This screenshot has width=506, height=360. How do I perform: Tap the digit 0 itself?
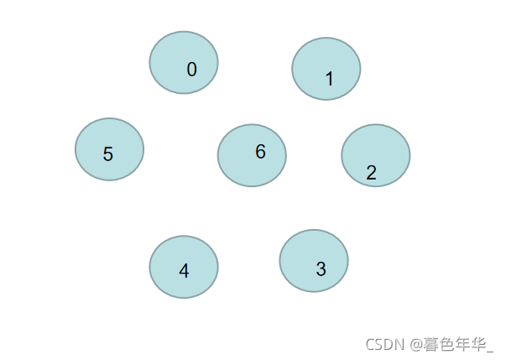click(x=192, y=70)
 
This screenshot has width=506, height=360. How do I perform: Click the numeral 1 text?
click(x=329, y=79)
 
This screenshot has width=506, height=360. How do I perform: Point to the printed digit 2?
click(x=371, y=173)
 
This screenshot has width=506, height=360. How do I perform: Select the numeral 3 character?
click(x=321, y=269)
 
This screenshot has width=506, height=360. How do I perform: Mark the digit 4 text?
click(x=184, y=271)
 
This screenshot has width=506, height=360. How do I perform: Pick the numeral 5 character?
click(x=108, y=154)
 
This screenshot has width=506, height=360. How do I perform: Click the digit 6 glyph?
click(x=260, y=152)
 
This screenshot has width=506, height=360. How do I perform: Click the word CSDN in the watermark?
click(x=385, y=344)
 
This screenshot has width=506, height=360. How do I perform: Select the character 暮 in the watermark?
click(x=432, y=344)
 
